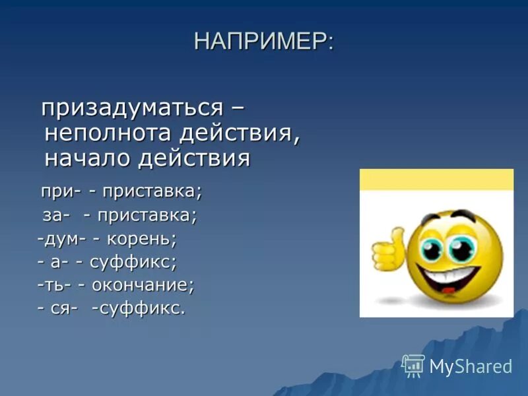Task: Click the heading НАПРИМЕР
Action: (x=263, y=42)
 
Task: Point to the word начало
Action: (x=88, y=158)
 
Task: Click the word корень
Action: (x=146, y=238)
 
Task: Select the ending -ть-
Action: (x=54, y=285)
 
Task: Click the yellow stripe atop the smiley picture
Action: (x=436, y=180)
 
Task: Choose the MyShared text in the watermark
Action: (x=471, y=366)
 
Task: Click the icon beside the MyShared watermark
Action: (x=413, y=365)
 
